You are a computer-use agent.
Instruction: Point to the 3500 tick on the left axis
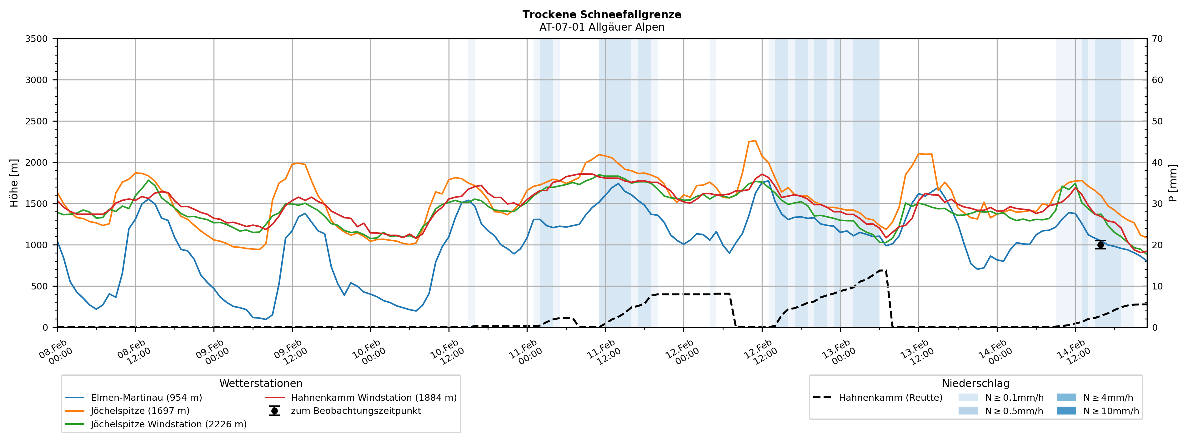pyautogui.click(x=37, y=39)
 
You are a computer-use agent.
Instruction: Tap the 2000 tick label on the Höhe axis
pyautogui.click(x=37, y=163)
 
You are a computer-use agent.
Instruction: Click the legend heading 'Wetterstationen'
pyautogui.click(x=261, y=384)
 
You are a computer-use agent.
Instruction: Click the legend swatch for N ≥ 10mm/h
pyautogui.click(x=1066, y=411)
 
